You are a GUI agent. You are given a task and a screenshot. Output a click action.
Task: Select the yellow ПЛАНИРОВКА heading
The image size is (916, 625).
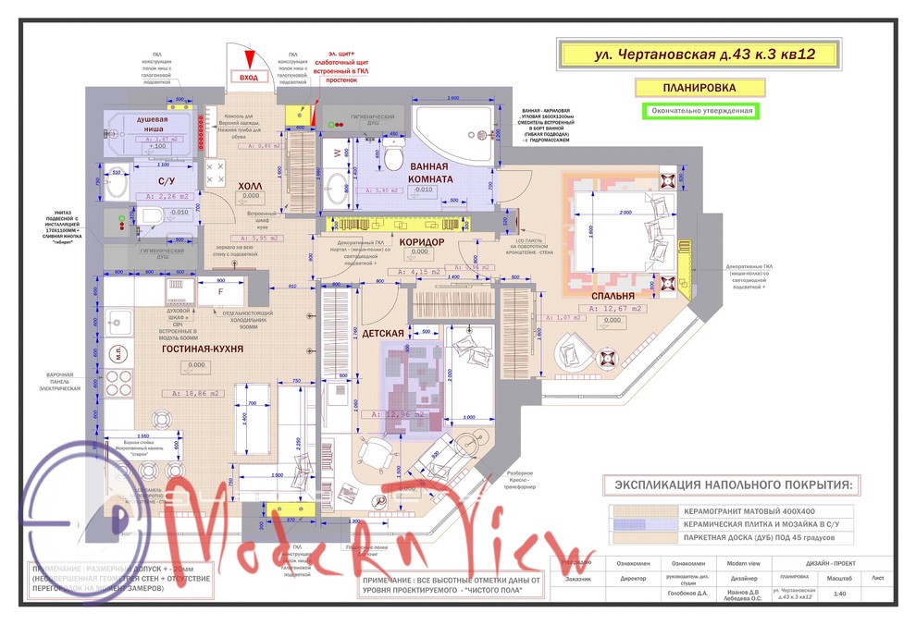699,88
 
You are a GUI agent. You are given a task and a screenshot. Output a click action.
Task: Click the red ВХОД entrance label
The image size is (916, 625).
249,78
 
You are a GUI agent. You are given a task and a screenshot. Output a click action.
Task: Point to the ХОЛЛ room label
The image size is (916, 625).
251,185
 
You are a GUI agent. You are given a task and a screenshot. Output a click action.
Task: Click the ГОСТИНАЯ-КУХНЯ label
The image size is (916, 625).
201,349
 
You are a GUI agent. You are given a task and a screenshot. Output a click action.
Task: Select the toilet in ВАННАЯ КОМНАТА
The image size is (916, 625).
392,160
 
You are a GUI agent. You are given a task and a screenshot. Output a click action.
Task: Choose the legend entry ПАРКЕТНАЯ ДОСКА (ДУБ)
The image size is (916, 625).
758,537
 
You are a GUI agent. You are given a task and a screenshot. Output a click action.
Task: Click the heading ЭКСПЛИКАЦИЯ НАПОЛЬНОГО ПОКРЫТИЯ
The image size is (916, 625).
730,484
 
